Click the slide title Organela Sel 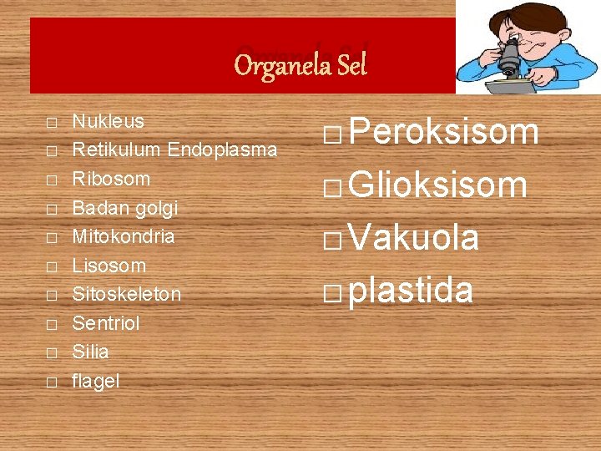[300, 64]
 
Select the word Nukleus [108, 121]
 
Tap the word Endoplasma [222, 150]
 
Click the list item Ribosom [111, 179]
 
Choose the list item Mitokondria [124, 236]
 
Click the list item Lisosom [109, 266]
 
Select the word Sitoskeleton [126, 294]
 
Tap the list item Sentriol [106, 323]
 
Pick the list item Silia [90, 352]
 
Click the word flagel [96, 382]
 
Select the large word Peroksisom [443, 132]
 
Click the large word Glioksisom [437, 185]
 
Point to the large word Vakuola [414, 238]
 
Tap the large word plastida [411, 290]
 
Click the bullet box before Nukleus [52, 123]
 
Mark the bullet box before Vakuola [332, 241]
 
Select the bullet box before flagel [52, 383]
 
